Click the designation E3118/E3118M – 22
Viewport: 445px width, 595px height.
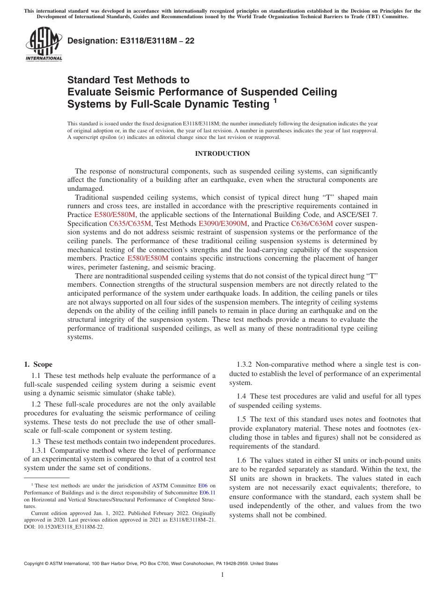pos(131,41)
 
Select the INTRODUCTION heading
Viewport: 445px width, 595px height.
pos(222,154)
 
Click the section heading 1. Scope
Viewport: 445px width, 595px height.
pos(38,364)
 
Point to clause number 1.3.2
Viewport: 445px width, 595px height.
pos(243,364)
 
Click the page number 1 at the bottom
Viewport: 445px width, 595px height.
pos(222,575)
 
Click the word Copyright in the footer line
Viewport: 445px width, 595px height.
pos(35,564)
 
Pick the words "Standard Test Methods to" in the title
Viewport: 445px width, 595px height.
pos(128,80)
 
